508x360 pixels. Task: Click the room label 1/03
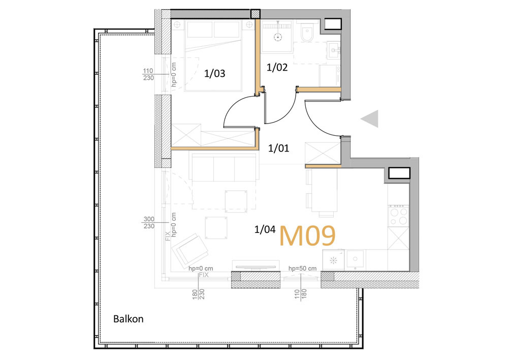[x=214, y=74]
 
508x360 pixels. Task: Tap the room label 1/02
[x=277, y=68]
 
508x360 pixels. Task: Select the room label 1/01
[x=278, y=148]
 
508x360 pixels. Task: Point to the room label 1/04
[x=265, y=230]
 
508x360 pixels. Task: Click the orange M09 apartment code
[x=307, y=236]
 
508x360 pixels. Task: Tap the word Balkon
[x=129, y=319]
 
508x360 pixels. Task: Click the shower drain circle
[x=277, y=37]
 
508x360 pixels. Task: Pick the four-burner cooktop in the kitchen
[x=398, y=216]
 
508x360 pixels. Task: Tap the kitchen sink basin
[x=356, y=259]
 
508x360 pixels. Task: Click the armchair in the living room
[x=190, y=250]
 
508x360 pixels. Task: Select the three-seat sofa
[x=225, y=167]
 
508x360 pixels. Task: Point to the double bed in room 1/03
[x=214, y=55]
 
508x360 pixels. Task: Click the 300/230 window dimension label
[x=149, y=223]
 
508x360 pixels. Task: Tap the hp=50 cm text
[x=303, y=268]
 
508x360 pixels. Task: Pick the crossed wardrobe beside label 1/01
[x=323, y=154]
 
